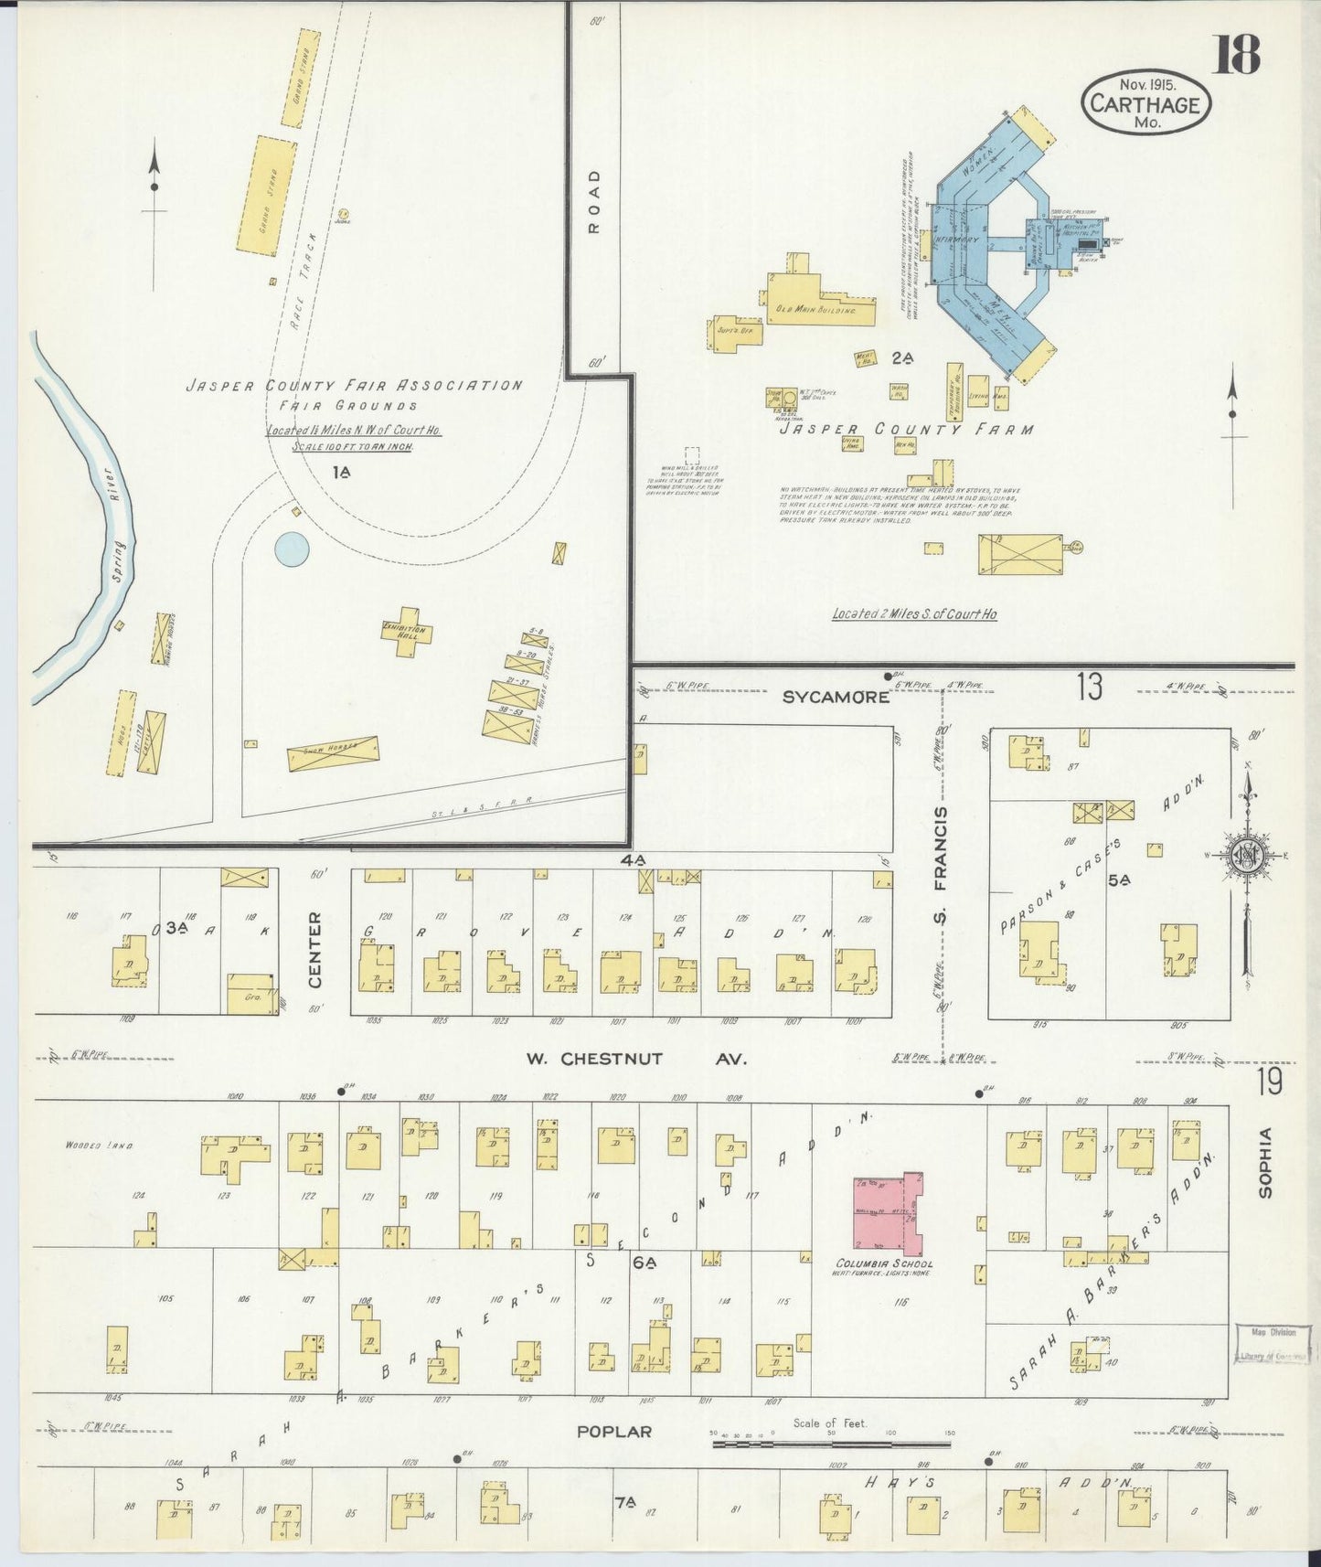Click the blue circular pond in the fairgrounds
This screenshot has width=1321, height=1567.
(292, 549)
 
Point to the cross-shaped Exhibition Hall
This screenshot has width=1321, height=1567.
(405, 632)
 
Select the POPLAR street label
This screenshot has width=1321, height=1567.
(613, 1431)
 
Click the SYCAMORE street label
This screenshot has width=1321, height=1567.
(836, 698)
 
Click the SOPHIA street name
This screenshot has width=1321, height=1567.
(1265, 1162)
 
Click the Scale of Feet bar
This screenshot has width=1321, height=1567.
(830, 1445)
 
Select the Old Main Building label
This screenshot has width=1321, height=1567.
(816, 310)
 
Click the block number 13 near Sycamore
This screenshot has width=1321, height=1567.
(1090, 687)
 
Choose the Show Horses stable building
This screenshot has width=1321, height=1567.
(333, 752)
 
